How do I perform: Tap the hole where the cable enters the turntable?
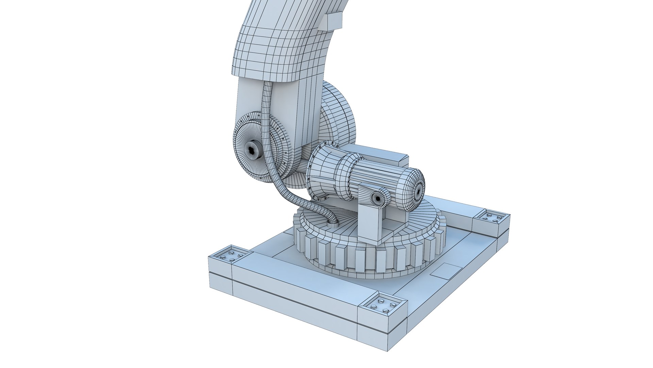pos(333,223)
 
